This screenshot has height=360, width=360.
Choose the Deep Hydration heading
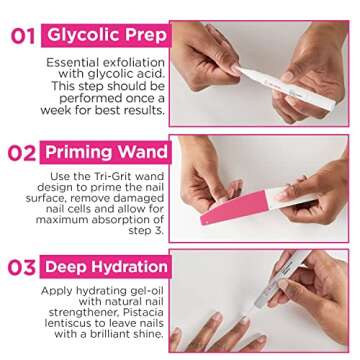108,267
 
